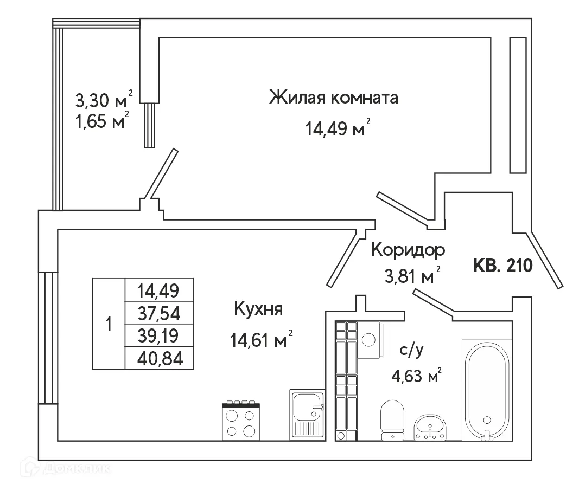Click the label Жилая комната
click(334, 98)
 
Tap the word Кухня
click(258, 309)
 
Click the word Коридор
click(408, 250)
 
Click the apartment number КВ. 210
click(502, 266)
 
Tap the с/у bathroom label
click(411, 350)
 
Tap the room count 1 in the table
click(109, 324)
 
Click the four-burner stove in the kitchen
click(241, 422)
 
